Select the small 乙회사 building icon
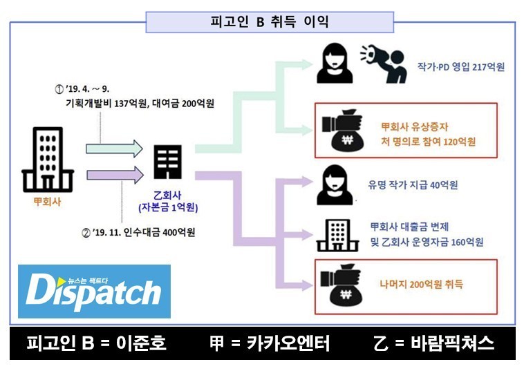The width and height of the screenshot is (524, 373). pyautogui.click(x=167, y=164)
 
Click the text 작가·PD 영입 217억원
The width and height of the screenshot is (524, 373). pyautogui.click(x=461, y=67)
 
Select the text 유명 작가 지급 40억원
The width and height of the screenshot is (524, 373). pyautogui.click(x=413, y=185)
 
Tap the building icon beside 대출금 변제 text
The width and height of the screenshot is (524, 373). pyautogui.click(x=335, y=235)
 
